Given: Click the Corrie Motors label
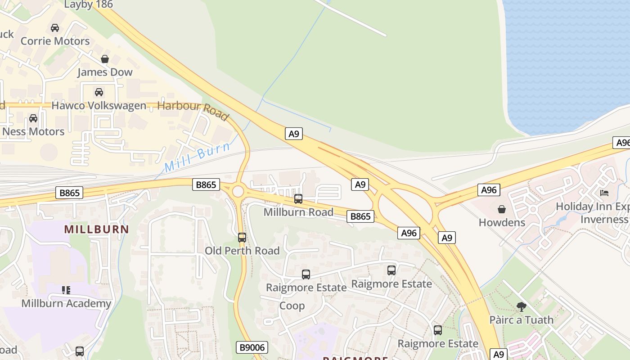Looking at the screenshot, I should pos(55,41).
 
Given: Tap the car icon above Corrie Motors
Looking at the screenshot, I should pos(55,28).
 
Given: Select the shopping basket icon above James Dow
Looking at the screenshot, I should pos(105,59).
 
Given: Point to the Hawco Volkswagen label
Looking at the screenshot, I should pos(99,106).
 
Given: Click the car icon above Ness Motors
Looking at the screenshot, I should pos(33,118).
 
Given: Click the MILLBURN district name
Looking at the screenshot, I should pos(96,229).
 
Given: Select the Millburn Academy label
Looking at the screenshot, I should pos(66,303).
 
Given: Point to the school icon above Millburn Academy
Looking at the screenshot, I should pos(66,290).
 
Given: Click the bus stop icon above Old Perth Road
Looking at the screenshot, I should pos(242,237).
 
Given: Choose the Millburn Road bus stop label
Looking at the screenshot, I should pos(298,212).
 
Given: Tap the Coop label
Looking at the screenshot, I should pos(292,306).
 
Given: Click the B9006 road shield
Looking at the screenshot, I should pos(252,347).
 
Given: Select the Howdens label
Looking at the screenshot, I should pos(502,222).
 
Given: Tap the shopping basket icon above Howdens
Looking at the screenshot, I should pos(502,209).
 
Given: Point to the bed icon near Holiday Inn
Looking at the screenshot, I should pos(604,193).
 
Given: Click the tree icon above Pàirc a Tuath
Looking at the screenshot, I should pos(522,307).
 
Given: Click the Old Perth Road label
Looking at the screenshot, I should pos(242,251).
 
